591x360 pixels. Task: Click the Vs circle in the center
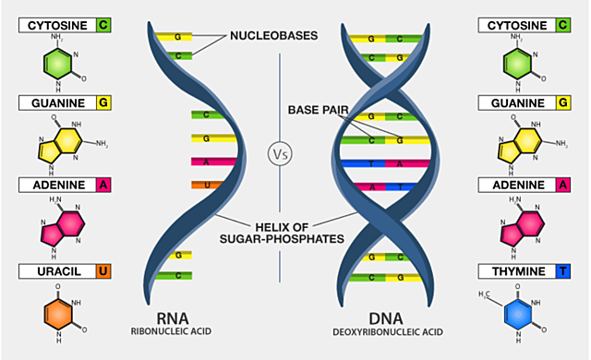click(280, 153)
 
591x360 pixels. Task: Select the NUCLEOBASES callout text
click(274, 36)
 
